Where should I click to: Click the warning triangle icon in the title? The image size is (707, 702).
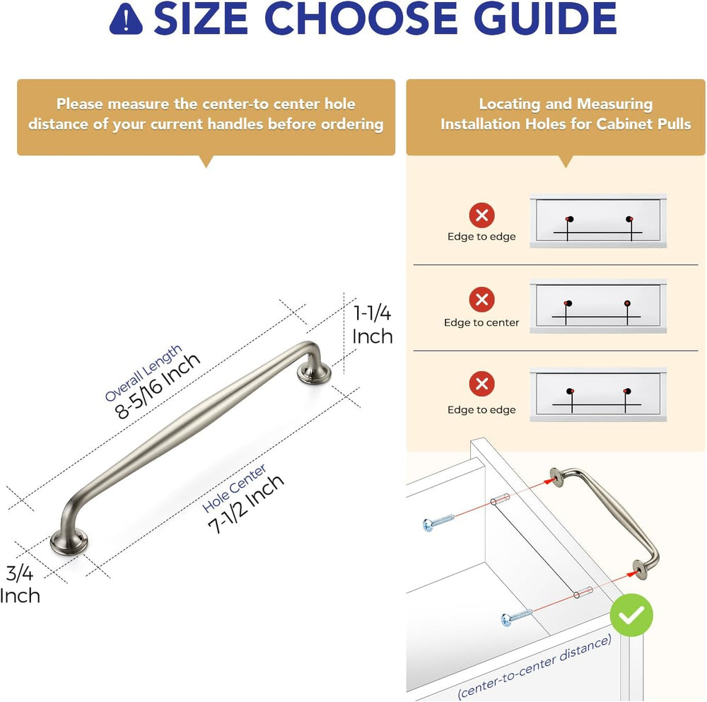tap(126, 19)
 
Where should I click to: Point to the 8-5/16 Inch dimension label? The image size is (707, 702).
tap(157, 385)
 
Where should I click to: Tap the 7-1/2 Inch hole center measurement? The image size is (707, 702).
tap(246, 504)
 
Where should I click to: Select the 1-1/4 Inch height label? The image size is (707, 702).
tap(372, 324)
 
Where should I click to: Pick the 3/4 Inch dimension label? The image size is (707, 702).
tap(20, 585)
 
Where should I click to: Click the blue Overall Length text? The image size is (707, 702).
tap(144, 373)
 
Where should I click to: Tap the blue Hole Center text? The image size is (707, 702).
tap(234, 489)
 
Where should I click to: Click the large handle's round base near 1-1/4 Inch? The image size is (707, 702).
tap(315, 373)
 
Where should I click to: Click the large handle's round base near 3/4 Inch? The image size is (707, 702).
tap(69, 542)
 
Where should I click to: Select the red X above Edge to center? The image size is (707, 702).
tap(481, 299)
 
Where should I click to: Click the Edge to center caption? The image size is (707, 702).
tap(481, 322)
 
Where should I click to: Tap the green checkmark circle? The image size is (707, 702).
tap(631, 615)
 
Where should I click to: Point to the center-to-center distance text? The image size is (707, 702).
tap(535, 667)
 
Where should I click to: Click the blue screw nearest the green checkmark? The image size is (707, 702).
tap(517, 616)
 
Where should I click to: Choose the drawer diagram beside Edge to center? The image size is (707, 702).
tap(598, 306)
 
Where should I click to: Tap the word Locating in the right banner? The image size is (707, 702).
tap(510, 104)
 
